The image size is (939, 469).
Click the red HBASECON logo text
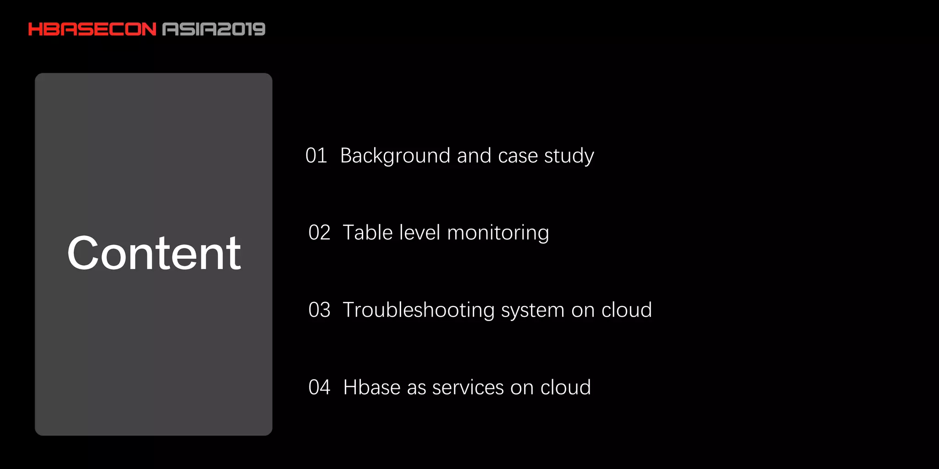pos(92,29)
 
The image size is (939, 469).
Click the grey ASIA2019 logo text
pos(214,29)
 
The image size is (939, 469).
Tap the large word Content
pos(154,253)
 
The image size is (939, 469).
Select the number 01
pos(316,156)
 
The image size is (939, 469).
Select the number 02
pos(319,233)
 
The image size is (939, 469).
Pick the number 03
pos(319,310)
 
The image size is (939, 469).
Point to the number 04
pos(319,387)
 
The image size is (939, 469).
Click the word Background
pos(395,156)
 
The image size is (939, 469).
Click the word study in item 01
pos(569,156)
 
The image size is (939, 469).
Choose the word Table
pos(368,233)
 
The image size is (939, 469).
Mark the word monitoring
pos(498,233)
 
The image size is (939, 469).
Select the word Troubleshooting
pos(419,310)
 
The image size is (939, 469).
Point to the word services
pos(468,387)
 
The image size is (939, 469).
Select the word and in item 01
pos(474,156)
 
